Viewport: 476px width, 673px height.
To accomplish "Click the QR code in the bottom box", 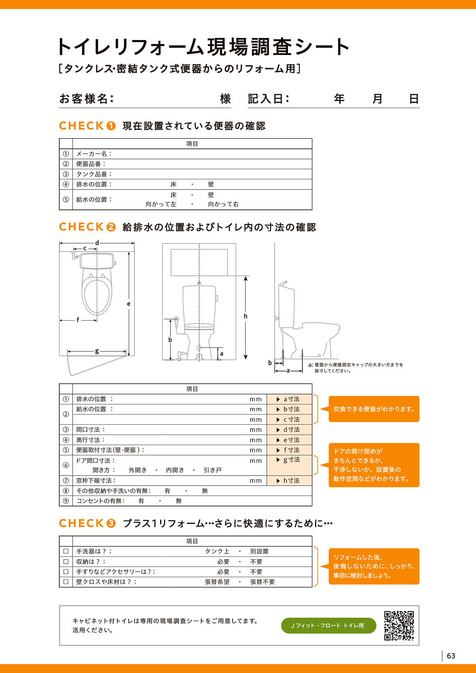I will [x=399, y=625].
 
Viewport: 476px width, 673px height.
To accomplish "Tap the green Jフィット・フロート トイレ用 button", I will [x=328, y=625].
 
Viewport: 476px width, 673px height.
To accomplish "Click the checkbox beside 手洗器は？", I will [x=66, y=551].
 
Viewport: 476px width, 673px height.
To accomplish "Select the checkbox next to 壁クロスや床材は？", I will [x=66, y=581].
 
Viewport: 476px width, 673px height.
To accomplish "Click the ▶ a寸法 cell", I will [x=289, y=399].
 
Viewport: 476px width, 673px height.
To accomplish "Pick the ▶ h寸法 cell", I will [x=289, y=480].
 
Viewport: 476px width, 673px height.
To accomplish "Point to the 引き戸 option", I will [x=212, y=470].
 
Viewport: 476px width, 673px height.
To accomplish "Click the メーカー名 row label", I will [x=94, y=154].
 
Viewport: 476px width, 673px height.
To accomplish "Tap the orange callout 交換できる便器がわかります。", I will [x=373, y=409].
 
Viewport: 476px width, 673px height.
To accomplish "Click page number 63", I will [x=451, y=656].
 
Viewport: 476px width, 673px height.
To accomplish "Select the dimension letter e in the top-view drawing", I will [x=129, y=304].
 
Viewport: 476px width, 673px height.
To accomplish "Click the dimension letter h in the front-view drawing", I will [x=246, y=316].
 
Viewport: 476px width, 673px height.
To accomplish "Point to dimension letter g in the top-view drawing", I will [x=97, y=351].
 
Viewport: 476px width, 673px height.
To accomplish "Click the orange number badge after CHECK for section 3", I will [x=111, y=523].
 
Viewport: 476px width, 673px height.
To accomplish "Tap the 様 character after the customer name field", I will [x=225, y=99].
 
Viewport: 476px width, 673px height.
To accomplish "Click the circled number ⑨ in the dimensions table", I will [x=66, y=501].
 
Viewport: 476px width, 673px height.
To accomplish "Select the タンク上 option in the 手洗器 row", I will [x=217, y=551].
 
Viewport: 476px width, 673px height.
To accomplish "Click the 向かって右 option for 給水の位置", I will [x=223, y=204].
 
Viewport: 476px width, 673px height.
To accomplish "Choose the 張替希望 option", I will [x=217, y=582].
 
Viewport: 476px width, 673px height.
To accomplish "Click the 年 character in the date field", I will [x=339, y=99].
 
